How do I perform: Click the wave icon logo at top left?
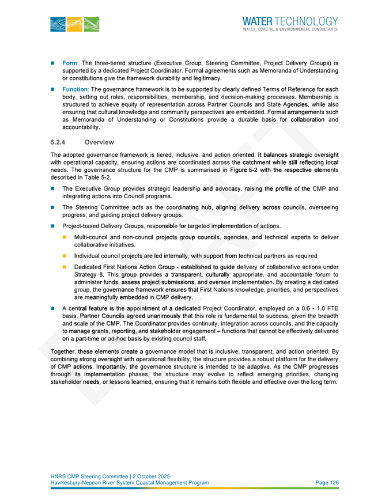point(74,23)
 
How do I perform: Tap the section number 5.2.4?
point(58,142)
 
